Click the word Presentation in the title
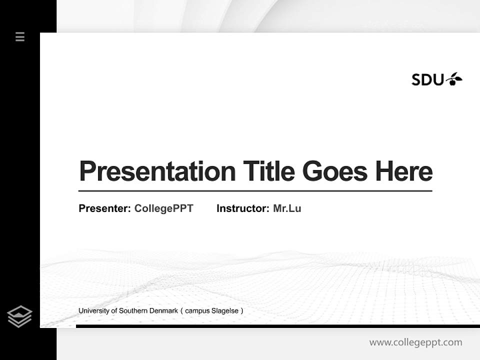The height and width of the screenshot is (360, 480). (x=157, y=171)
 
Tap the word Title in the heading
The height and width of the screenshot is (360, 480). (x=268, y=171)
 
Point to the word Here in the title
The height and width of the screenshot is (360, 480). (x=404, y=171)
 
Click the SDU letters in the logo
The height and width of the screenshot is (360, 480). (x=427, y=79)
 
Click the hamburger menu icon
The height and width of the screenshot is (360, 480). (x=20, y=36)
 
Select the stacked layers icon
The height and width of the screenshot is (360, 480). (x=19, y=316)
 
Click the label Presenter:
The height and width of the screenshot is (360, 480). (x=104, y=208)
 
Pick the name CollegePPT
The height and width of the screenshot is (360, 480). (x=163, y=208)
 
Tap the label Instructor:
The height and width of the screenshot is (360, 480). (x=242, y=208)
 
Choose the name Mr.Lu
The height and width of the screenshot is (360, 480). (x=287, y=208)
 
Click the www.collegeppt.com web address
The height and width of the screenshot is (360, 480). (x=415, y=342)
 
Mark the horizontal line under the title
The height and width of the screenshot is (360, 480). (x=255, y=191)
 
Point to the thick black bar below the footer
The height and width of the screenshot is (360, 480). (x=277, y=326)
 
